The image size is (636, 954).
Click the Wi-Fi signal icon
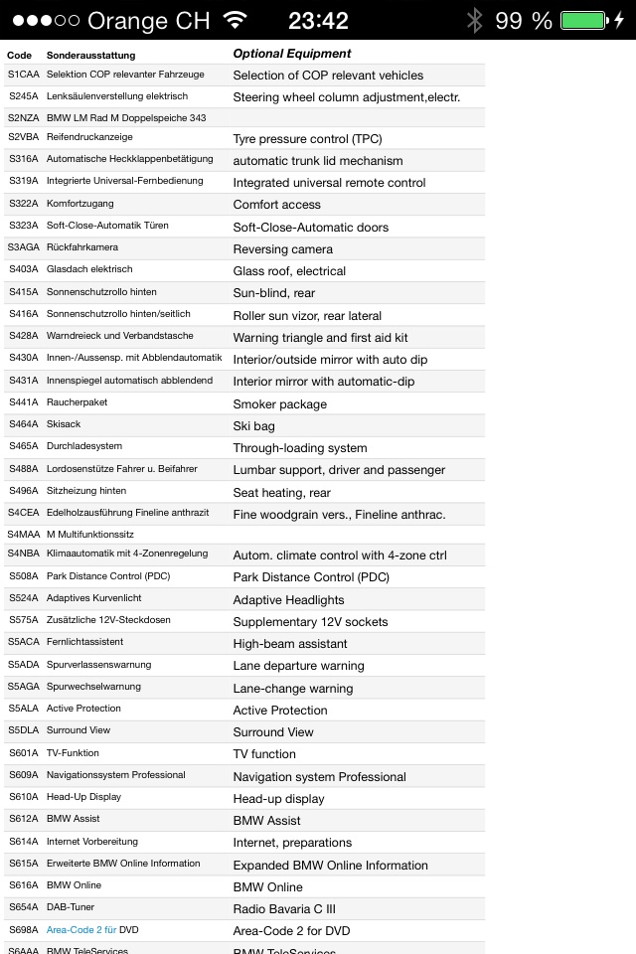coord(236,20)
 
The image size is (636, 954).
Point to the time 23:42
coord(318,20)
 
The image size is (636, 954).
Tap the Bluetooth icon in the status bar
coord(475,20)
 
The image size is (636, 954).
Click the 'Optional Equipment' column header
coord(291,54)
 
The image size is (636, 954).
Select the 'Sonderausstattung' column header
coord(90,55)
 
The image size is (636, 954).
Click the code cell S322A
coord(23,204)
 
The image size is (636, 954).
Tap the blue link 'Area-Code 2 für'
coord(81,930)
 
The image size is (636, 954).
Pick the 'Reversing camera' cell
coord(282,248)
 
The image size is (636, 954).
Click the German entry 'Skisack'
coord(64,424)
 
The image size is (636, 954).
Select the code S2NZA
coord(23,117)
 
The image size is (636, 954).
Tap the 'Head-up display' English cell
coord(278,798)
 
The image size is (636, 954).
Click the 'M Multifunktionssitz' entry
coord(90,534)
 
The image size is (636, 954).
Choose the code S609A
coord(23,775)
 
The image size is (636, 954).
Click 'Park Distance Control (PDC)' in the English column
coord(311,577)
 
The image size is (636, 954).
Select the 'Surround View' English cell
coord(272,732)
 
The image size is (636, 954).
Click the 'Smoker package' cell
coord(279,403)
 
